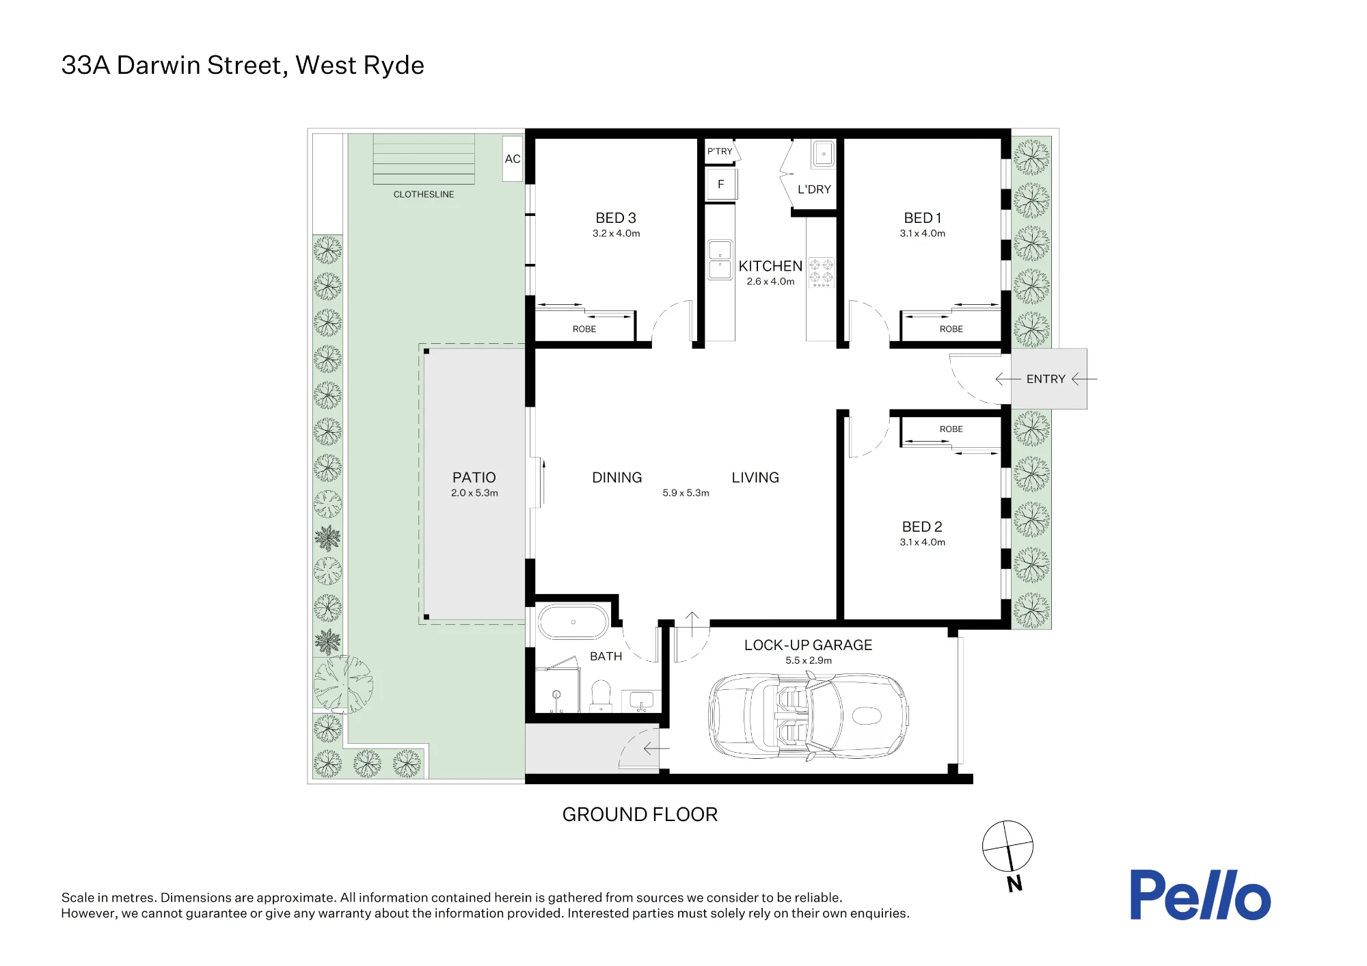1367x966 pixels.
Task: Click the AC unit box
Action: pos(512,159)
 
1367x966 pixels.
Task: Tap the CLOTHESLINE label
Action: pos(424,194)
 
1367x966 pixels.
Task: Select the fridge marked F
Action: pos(720,184)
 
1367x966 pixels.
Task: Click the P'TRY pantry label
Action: pos(720,151)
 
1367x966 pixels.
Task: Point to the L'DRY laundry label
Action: pos(814,189)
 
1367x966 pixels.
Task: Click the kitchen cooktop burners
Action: pos(822,272)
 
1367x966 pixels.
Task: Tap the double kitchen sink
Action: pos(720,260)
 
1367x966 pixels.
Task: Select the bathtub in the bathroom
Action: pos(573,622)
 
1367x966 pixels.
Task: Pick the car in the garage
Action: pos(808,716)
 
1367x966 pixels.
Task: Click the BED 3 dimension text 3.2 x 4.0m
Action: pos(616,234)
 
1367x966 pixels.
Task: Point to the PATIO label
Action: pos(474,477)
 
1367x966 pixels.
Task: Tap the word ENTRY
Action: pos(1046,379)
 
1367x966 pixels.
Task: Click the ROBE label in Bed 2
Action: pos(951,429)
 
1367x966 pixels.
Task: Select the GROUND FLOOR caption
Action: pos(640,814)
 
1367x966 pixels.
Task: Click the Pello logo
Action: pos(1200,895)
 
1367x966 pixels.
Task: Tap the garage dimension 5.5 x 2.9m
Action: pos(809,660)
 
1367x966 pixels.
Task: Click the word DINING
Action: pos(617,477)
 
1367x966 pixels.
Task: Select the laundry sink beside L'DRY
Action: pos(824,154)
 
